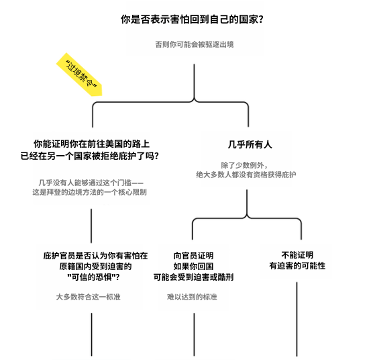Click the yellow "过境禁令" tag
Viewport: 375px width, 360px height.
[79, 75]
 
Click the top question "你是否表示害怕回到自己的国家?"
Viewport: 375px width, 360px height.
[192, 19]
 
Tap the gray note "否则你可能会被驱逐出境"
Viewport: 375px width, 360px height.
[195, 44]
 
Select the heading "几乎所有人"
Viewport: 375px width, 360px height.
[250, 144]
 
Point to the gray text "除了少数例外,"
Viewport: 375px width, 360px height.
[244, 165]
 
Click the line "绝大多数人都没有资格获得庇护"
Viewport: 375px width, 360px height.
[246, 175]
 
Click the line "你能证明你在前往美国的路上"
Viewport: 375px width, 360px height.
[92, 144]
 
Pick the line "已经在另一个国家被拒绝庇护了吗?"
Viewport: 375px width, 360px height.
[90, 156]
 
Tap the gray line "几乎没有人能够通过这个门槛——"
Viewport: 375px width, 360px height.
[91, 183]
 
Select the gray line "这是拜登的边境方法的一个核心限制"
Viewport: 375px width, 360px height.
[90, 192]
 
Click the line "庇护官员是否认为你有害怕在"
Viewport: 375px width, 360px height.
[95, 256]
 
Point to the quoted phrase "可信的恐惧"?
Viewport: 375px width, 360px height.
[93, 277]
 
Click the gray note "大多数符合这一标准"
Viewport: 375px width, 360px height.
[89, 297]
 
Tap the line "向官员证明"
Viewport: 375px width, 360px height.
[193, 256]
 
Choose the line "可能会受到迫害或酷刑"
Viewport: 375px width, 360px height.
[193, 277]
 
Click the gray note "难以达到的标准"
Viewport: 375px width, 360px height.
[192, 297]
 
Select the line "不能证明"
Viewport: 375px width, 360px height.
[297, 255]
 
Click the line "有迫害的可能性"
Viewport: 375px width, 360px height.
[297, 265]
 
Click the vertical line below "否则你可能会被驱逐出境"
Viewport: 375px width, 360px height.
[194, 81]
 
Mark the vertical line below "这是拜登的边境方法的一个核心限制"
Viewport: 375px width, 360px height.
[91, 226]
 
